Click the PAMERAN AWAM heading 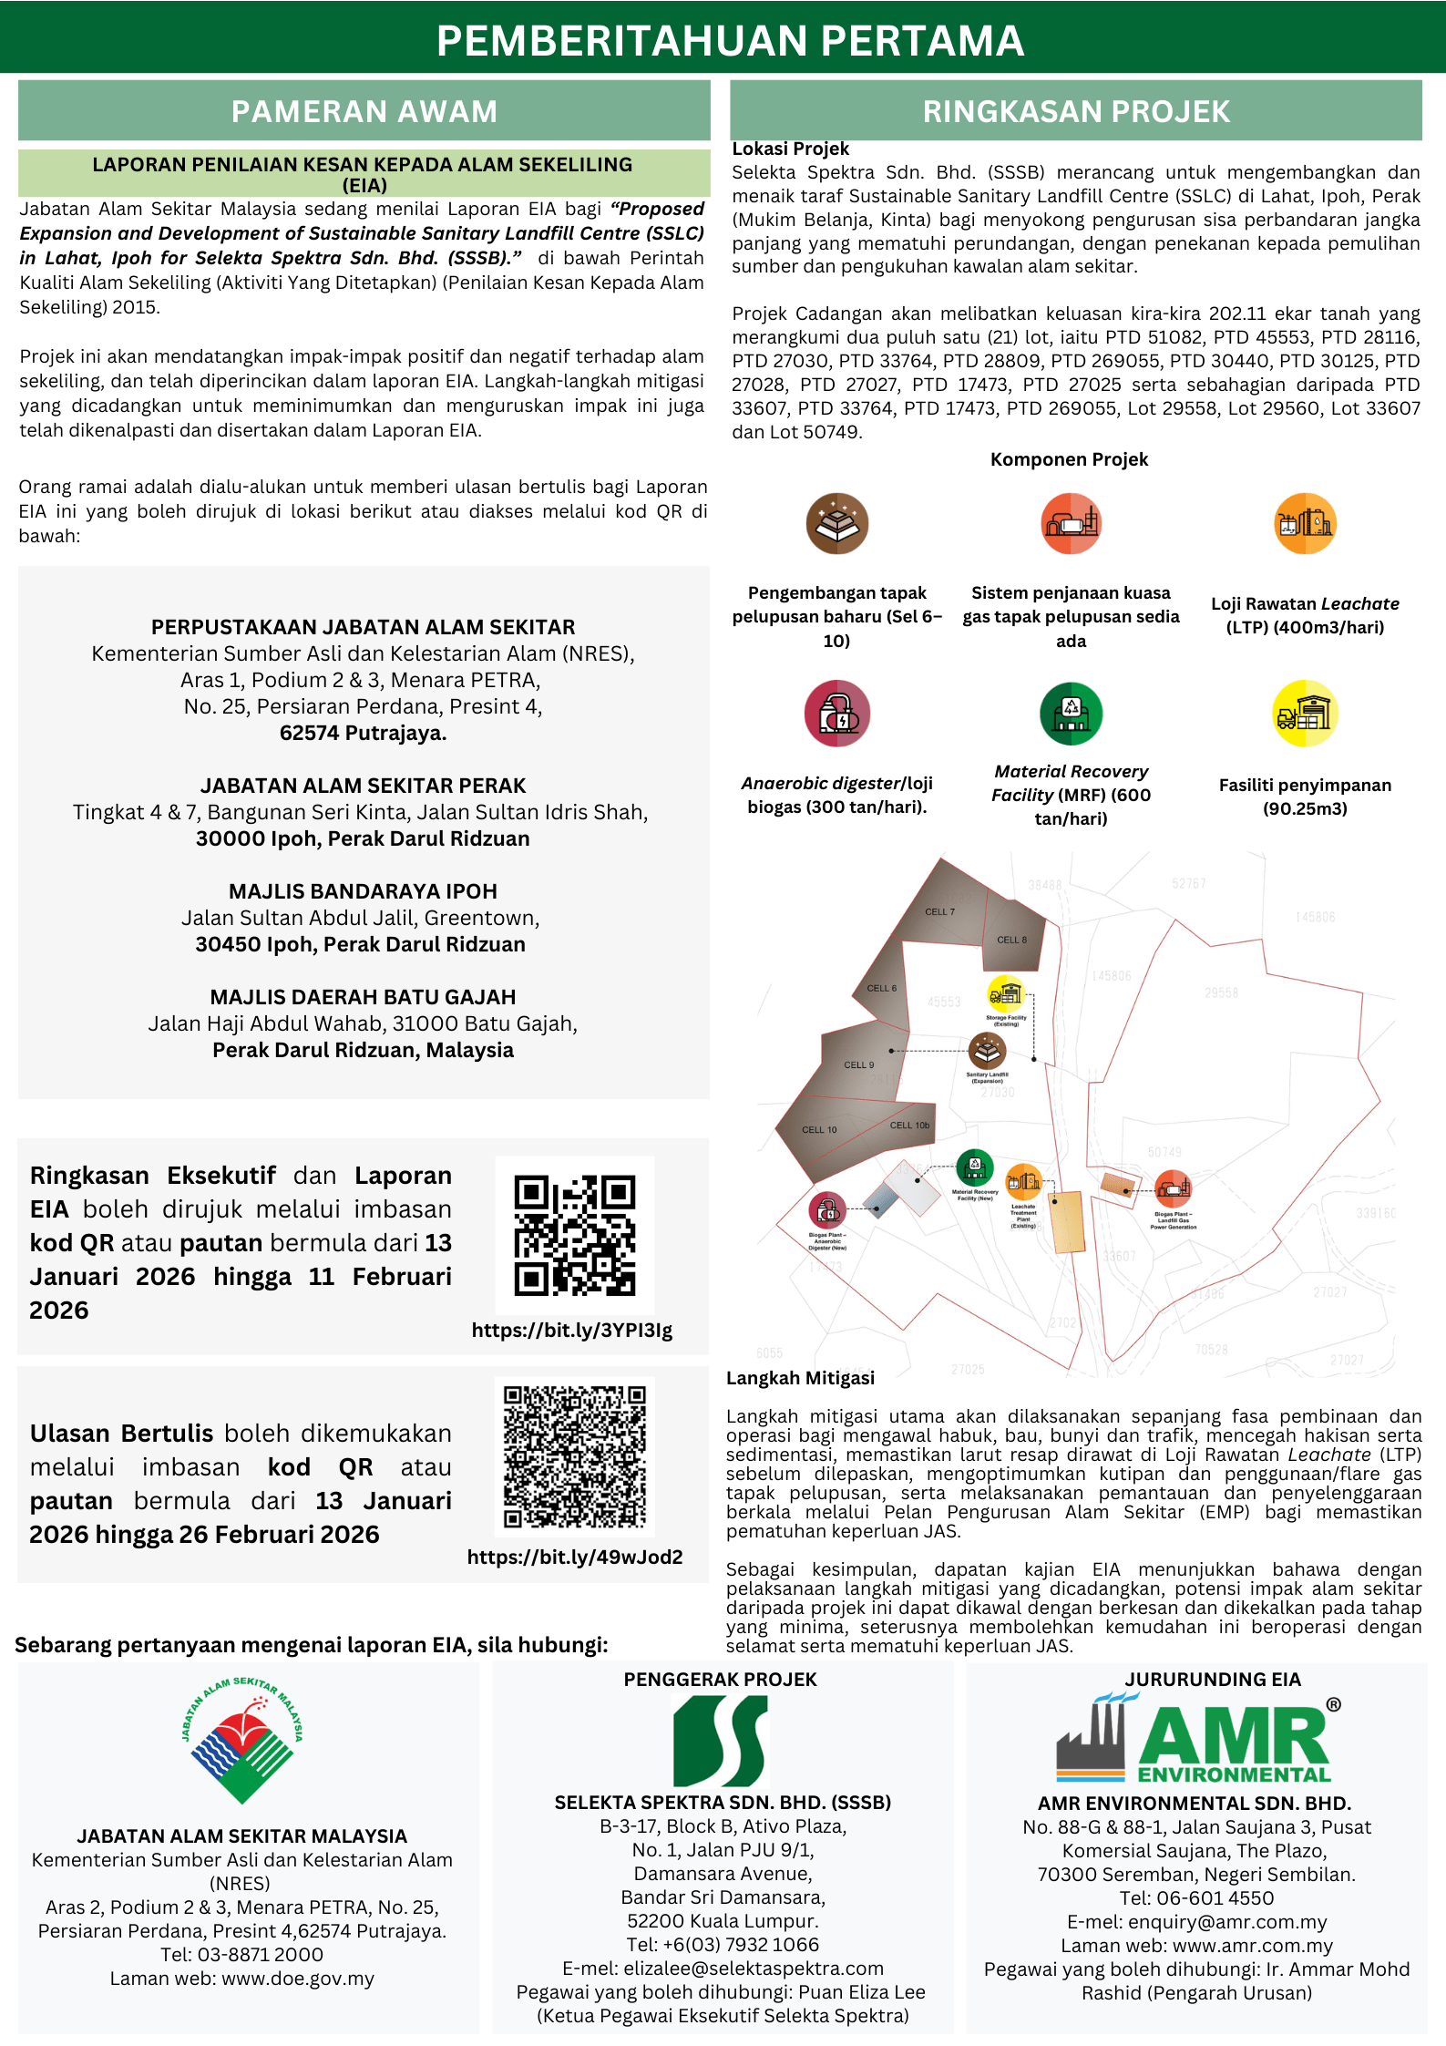pos(364,111)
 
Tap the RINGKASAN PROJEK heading pos(1075,111)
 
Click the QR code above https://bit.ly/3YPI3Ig pos(574,1235)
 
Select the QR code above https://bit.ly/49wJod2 pos(574,1456)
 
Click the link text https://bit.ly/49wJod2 pos(574,1557)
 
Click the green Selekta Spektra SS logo pos(721,1741)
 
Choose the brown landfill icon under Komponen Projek pos(836,524)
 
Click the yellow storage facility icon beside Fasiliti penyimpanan pos(1305,713)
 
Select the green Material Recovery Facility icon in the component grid pos(1071,713)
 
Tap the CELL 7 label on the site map pos(939,911)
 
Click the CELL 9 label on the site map pos(858,1064)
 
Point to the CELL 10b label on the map pos(909,1126)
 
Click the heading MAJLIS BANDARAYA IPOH pos(363,891)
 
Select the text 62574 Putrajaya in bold pos(363,733)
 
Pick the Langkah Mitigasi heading pos(800,1378)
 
